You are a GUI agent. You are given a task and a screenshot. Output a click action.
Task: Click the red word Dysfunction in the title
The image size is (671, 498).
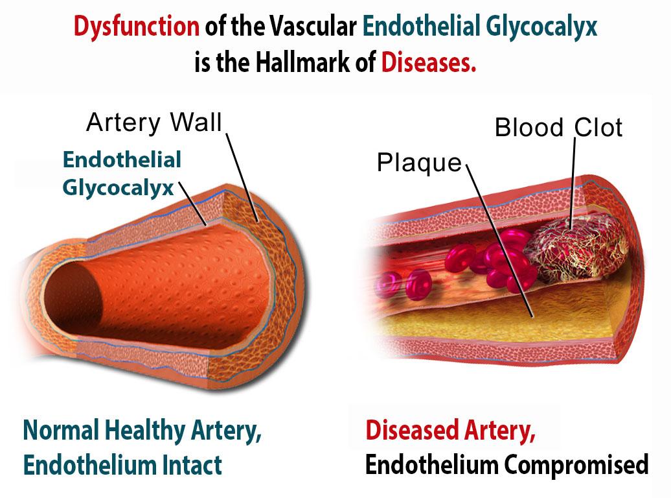pos(136,27)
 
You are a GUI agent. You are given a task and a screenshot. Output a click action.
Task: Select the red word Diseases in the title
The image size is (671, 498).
pos(428,63)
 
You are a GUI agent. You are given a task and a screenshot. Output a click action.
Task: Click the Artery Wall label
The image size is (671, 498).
pos(154,122)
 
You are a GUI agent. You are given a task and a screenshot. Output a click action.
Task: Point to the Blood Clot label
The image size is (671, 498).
pos(558,127)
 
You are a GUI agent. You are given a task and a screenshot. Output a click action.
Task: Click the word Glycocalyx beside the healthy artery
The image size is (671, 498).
pos(118,188)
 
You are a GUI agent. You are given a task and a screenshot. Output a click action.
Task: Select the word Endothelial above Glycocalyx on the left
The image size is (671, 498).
pos(122,160)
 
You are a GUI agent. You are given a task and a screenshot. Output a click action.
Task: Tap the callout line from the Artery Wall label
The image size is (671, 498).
pos(242,178)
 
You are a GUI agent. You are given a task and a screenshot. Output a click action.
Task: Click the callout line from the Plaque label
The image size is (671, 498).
pos(499,241)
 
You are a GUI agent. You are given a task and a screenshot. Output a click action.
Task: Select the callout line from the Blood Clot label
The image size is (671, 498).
pos(573,184)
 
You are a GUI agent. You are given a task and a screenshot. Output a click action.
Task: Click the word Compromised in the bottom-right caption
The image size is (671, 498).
pos(576,466)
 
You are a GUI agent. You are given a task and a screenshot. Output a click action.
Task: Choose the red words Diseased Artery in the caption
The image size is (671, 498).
pos(450,431)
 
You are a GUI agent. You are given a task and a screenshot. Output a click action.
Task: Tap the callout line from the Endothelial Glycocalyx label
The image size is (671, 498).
pos(192,204)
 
